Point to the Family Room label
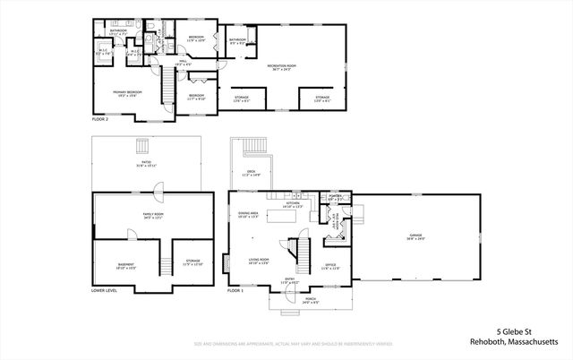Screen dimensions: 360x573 (153, 215)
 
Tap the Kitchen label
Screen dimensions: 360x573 (293, 204)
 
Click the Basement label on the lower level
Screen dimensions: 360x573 (126, 266)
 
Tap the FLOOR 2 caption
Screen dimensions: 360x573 (100, 118)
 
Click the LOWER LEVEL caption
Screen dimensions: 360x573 (106, 291)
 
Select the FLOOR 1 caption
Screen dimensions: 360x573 (235, 291)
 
